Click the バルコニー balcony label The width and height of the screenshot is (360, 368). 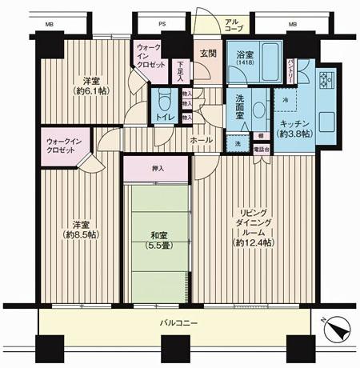point(174,322)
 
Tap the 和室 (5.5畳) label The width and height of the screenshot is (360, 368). point(157,240)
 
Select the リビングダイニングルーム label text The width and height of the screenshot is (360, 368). point(253,226)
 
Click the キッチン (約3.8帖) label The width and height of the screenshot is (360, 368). point(294,129)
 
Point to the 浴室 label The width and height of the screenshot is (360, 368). point(245,55)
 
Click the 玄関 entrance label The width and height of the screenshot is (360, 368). point(208,54)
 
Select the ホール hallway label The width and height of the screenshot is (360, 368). point(201,139)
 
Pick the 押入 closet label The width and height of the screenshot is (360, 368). point(157,169)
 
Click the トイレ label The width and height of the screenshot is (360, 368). point(166,118)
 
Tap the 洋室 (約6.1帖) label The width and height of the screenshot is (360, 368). point(90,86)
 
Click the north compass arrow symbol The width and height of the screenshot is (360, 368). point(339,328)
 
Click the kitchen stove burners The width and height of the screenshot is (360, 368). point(326,81)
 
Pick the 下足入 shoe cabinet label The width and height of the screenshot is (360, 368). point(180,72)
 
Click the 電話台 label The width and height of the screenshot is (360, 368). point(261,149)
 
